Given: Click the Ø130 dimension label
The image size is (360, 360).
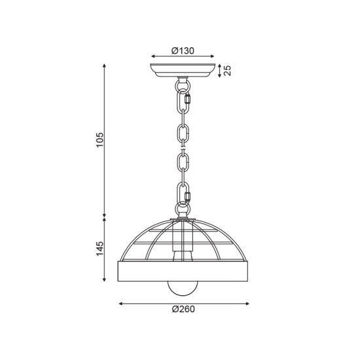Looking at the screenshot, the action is point(183,51).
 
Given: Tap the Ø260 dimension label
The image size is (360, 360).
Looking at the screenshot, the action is point(183,309).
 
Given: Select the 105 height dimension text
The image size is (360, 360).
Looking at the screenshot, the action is point(100,140).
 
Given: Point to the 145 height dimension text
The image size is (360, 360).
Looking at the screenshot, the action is point(100,249).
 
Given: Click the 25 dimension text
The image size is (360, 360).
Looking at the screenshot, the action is point(227,71).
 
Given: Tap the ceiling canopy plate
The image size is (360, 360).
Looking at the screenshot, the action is point(183,70).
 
